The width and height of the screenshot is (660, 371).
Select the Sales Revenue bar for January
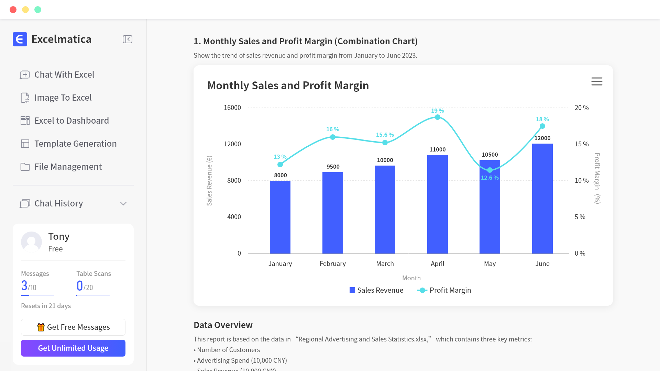280,217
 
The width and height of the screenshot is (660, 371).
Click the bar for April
437,204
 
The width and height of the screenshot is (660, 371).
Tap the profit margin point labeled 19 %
437,117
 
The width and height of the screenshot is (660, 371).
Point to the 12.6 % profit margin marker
489,170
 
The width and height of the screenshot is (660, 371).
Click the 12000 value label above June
542,138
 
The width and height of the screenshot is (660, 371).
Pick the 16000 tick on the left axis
232,108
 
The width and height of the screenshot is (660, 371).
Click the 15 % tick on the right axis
582,144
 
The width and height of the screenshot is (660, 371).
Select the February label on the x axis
332,263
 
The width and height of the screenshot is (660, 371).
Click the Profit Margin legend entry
444,290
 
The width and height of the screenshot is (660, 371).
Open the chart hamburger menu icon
597,81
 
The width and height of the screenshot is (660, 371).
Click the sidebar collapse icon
128,39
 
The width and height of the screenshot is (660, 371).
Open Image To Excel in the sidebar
63,98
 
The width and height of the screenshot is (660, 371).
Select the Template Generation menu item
75,144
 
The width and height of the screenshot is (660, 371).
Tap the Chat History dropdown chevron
123,204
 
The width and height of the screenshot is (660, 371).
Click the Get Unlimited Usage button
73,348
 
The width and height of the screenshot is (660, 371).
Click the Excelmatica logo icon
20,39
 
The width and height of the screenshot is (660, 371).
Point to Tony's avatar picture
31,242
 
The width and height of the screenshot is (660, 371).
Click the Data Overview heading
223,325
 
